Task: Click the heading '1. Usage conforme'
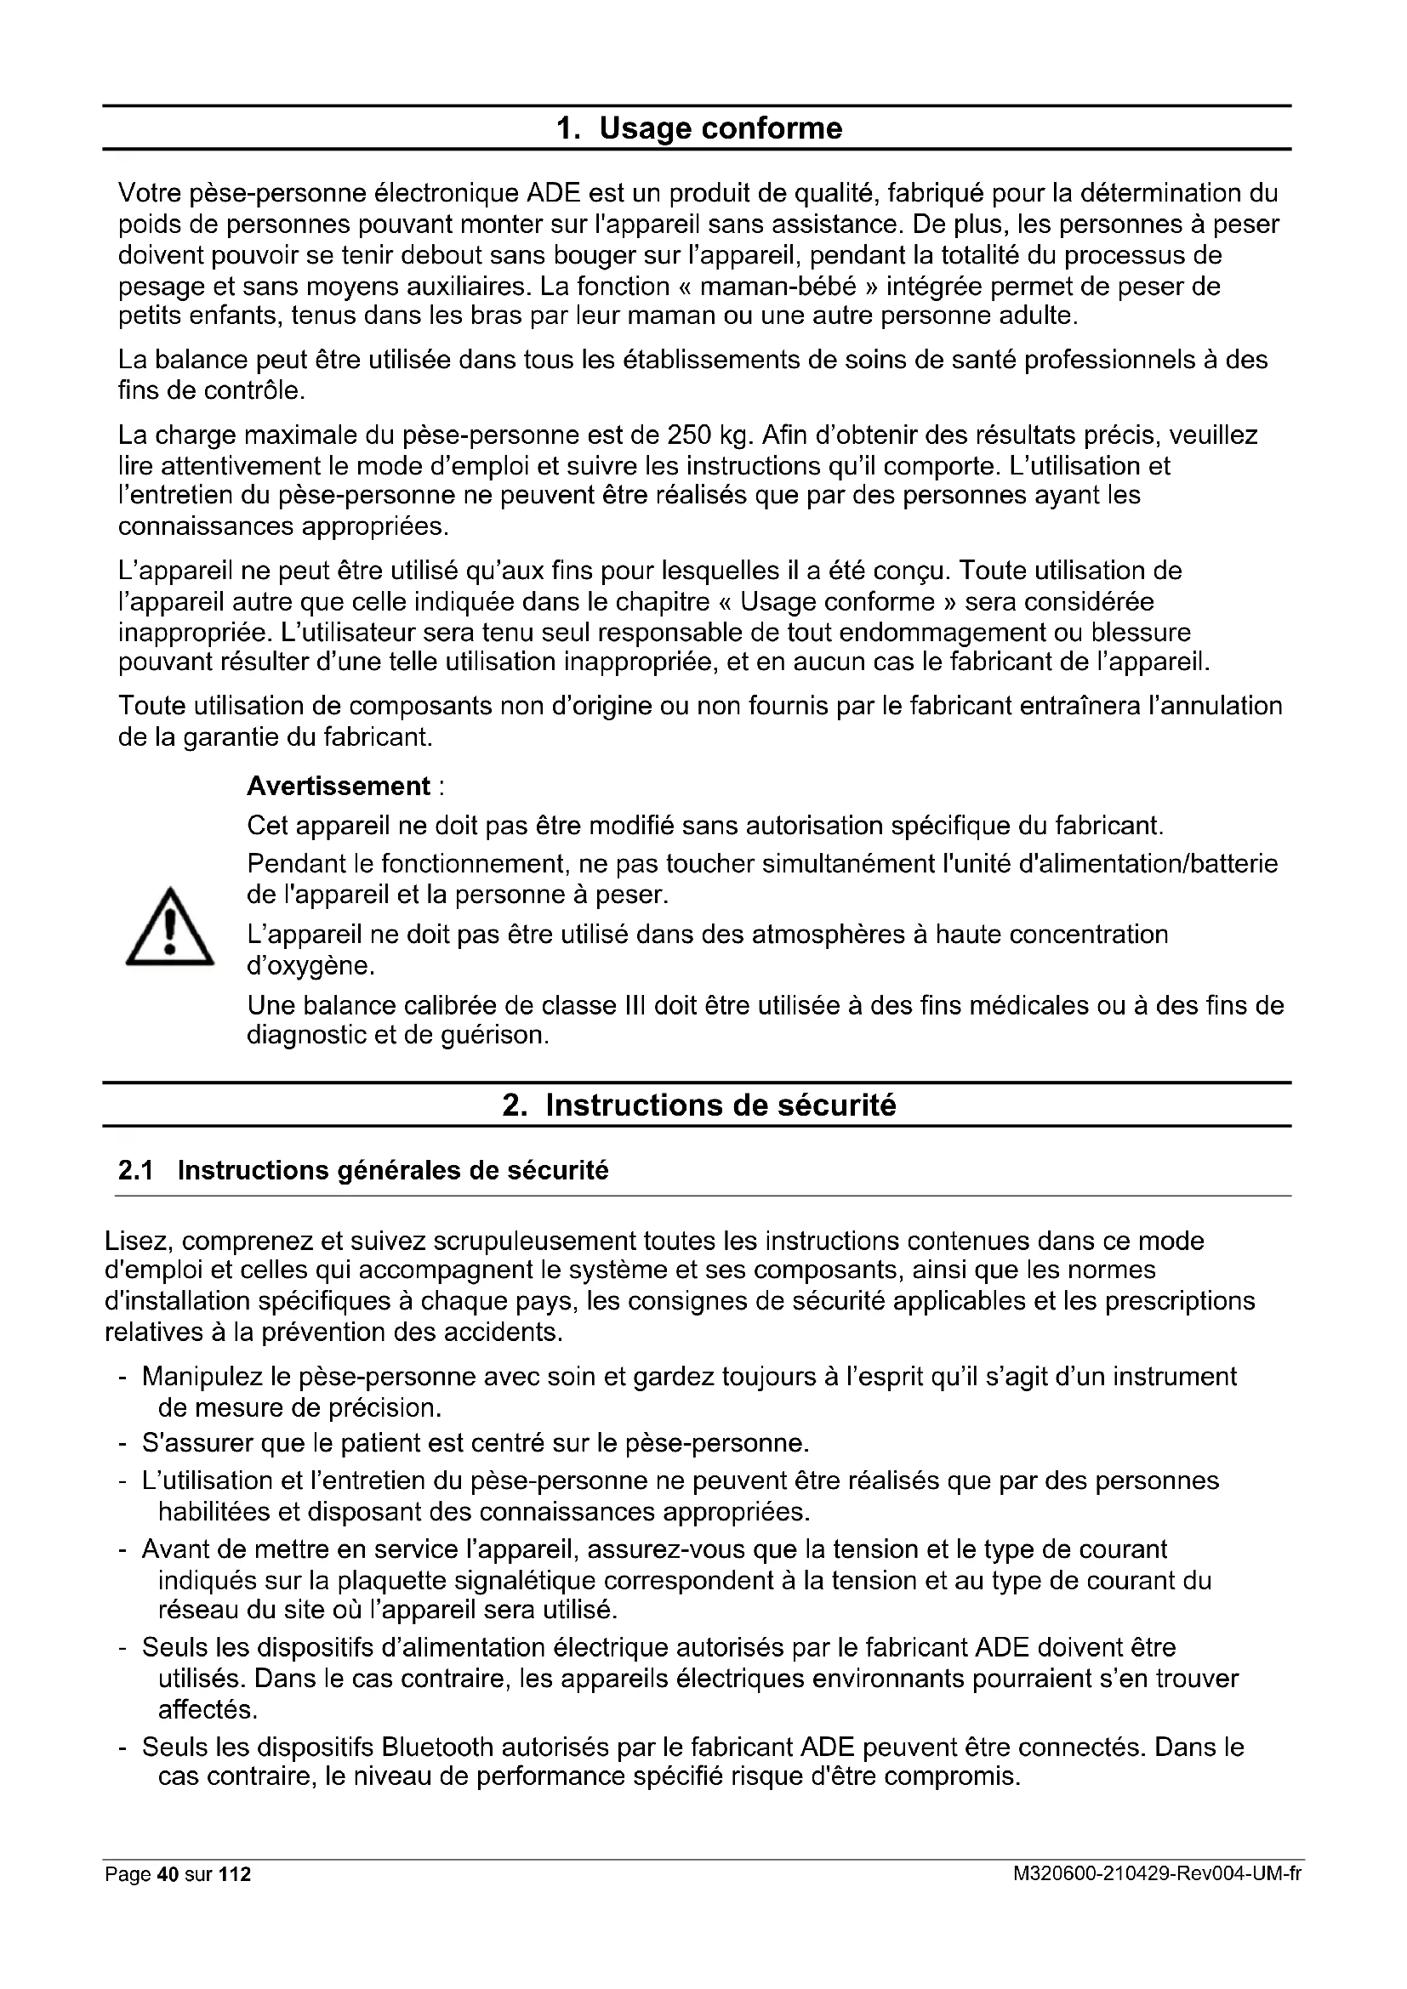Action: click(x=698, y=128)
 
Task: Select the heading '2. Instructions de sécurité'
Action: click(x=698, y=1105)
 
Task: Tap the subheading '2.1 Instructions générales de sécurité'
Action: click(x=363, y=1170)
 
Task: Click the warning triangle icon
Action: click(x=169, y=928)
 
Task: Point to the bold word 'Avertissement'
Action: click(x=338, y=786)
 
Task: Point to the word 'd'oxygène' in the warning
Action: click(x=299, y=965)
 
